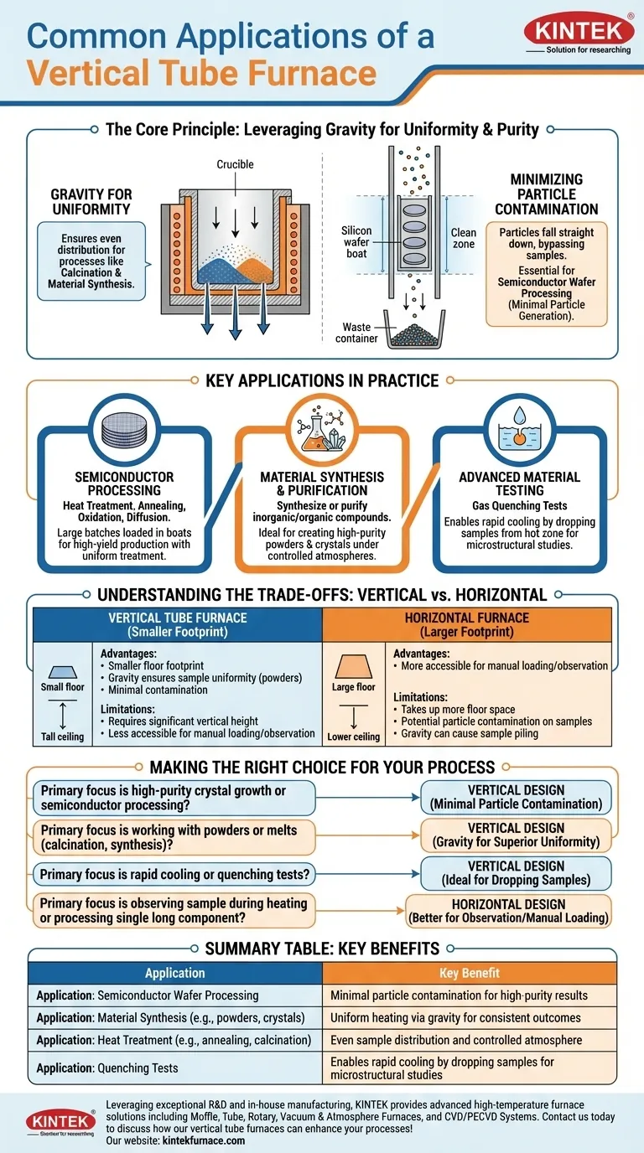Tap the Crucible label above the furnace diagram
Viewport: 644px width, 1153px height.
pos(235,164)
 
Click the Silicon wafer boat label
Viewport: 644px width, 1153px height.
pos(356,242)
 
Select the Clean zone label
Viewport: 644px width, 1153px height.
pos(463,239)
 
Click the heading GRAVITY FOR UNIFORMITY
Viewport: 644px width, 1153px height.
pos(91,202)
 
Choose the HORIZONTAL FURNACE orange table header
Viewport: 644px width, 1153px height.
pos(467,624)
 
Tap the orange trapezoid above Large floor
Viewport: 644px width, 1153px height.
pos(354,667)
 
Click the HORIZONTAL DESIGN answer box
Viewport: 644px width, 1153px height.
pos(509,911)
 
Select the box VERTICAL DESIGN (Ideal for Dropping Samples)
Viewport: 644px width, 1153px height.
pos(516,872)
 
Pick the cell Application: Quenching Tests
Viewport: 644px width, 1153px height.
pos(107,1068)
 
